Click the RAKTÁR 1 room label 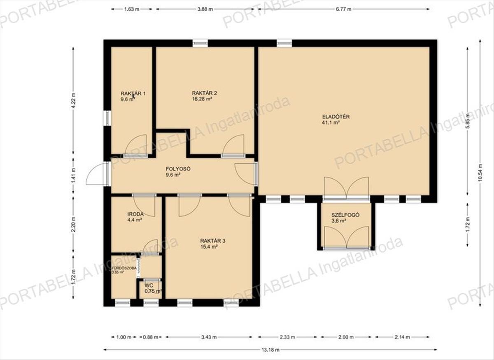coord(133,94)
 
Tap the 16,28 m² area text coord(202,99)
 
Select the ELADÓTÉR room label coord(336,117)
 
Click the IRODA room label coord(135,214)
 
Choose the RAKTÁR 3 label coord(212,241)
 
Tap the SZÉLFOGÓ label coord(345,215)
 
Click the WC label coord(149,285)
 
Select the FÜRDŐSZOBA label coord(124,268)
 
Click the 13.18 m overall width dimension coord(270,350)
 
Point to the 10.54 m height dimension coord(480,173)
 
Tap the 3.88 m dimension coord(205,9)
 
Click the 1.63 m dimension coord(132,9)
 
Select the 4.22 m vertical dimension coord(73,101)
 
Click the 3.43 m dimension coord(209,337)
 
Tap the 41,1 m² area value coord(331,123)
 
